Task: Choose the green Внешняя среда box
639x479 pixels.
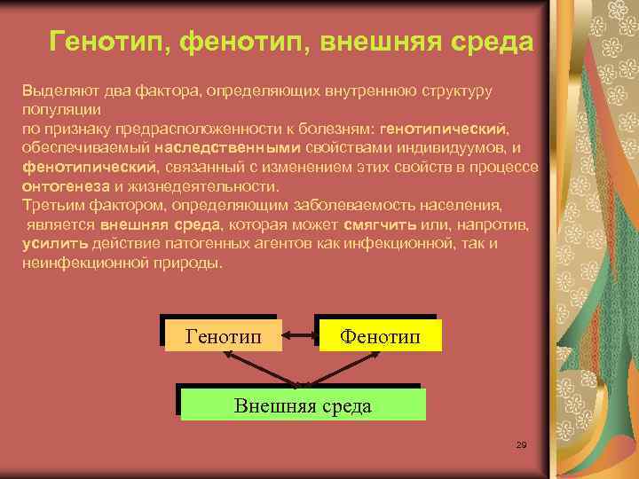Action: tap(303, 405)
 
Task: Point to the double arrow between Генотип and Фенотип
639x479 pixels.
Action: tap(299, 335)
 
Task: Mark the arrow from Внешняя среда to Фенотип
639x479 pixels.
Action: tap(346, 367)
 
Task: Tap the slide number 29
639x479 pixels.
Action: tap(521, 444)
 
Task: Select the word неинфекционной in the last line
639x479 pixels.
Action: tap(78, 263)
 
